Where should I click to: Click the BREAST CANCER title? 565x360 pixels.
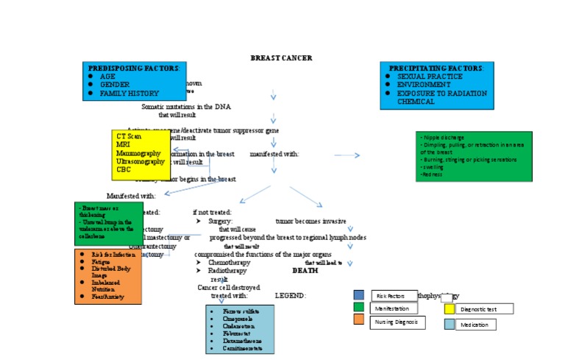coord(281,57)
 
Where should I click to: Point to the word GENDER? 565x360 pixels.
coord(115,85)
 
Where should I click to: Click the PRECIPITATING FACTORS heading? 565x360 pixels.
coord(436,68)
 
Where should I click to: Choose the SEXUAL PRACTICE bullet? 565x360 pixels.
coord(430,77)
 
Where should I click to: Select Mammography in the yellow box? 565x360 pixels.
coord(138,153)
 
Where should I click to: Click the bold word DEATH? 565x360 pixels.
coord(305,270)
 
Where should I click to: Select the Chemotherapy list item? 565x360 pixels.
coord(229,262)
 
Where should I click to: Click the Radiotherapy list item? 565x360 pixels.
coord(227,271)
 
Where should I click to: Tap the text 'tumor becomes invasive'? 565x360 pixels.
coord(310,221)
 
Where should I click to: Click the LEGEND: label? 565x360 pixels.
coord(290,295)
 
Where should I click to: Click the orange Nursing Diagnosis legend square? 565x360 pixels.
coord(358,320)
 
